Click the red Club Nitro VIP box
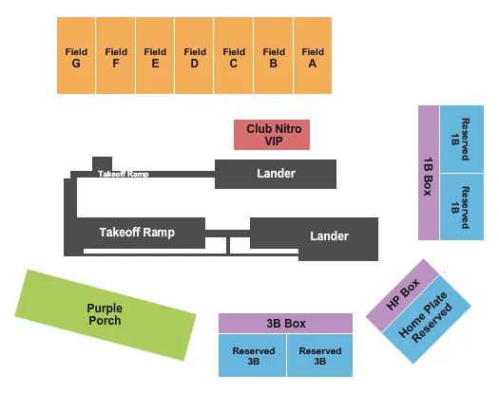pyautogui.click(x=272, y=135)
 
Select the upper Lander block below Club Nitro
pyautogui.click(x=276, y=174)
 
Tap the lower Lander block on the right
pyautogui.click(x=328, y=235)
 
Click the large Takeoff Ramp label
pyautogui.click(x=138, y=231)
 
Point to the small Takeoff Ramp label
pyautogui.click(x=124, y=174)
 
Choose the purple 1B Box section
pyautogui.click(x=429, y=172)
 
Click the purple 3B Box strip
pyautogui.click(x=284, y=324)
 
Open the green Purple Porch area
pyautogui.click(x=105, y=314)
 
